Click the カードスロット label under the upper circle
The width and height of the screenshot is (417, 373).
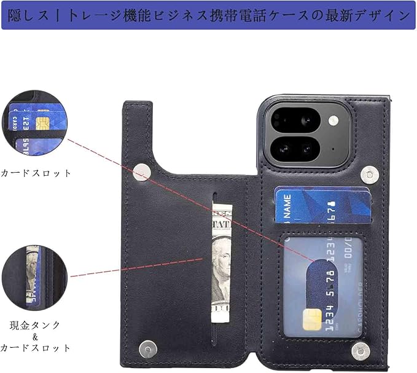pyautogui.click(x=36, y=173)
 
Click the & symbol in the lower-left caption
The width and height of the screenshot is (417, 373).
pyautogui.click(x=35, y=337)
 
